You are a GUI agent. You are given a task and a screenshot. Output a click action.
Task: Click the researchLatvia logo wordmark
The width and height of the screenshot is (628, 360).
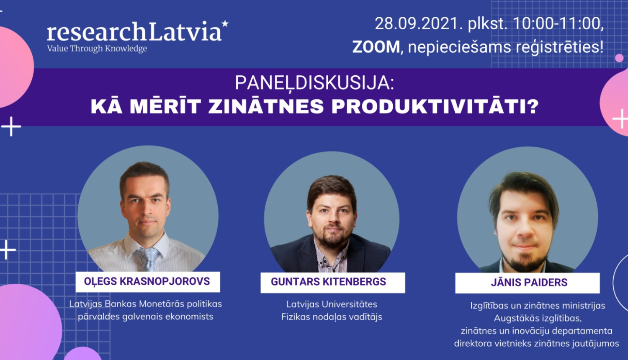[134, 32]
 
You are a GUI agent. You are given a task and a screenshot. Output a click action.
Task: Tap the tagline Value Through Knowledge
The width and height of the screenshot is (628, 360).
[97, 49]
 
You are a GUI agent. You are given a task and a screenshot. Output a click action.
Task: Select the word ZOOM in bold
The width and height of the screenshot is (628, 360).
[376, 47]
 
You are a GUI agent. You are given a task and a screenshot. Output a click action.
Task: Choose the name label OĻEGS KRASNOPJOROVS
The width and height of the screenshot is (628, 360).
[147, 281]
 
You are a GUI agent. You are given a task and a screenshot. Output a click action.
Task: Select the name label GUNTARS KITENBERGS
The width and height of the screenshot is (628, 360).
[328, 282]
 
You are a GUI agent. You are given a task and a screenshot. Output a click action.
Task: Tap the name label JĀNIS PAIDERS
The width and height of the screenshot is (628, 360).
[529, 283]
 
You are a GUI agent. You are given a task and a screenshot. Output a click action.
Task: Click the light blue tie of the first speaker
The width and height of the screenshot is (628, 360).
[148, 257]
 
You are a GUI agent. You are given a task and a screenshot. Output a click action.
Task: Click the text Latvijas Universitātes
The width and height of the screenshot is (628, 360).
[332, 304]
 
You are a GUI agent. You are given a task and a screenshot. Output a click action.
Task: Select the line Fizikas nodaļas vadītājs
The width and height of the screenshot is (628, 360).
[332, 317]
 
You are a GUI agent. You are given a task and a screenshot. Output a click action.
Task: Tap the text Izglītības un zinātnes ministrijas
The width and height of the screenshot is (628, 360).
[538, 306]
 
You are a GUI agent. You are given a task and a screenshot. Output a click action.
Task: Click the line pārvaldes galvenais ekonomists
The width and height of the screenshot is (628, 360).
[145, 316]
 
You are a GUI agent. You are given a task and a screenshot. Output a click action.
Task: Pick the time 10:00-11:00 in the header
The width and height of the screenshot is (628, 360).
[558, 24]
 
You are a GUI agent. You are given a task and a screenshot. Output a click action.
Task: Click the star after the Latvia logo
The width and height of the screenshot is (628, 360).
[225, 23]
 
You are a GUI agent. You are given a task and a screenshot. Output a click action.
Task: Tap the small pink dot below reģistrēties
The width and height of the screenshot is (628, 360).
[619, 58]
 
